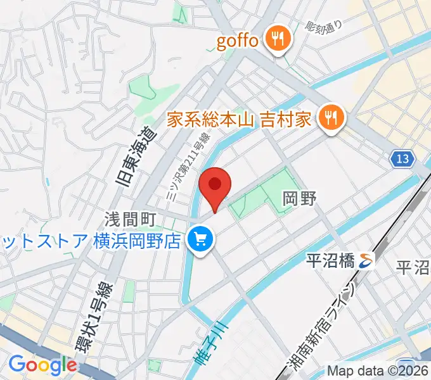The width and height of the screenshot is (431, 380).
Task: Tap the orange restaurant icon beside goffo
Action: pyautogui.click(x=276, y=40)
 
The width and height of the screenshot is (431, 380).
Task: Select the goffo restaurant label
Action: pyautogui.click(x=238, y=42)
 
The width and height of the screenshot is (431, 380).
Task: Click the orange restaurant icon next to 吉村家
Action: pyautogui.click(x=331, y=117)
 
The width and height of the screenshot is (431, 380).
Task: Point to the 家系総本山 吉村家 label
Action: pyautogui.click(x=239, y=118)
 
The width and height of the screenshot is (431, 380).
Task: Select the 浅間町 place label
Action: pyautogui.click(x=131, y=220)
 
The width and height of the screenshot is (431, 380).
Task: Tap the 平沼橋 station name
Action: pyautogui.click(x=330, y=259)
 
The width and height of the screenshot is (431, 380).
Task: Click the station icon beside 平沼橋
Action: pyautogui.click(x=366, y=259)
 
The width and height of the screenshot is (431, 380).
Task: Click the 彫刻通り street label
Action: pyautogui.click(x=323, y=26)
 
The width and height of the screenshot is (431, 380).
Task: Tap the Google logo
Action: pyautogui.click(x=42, y=365)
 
